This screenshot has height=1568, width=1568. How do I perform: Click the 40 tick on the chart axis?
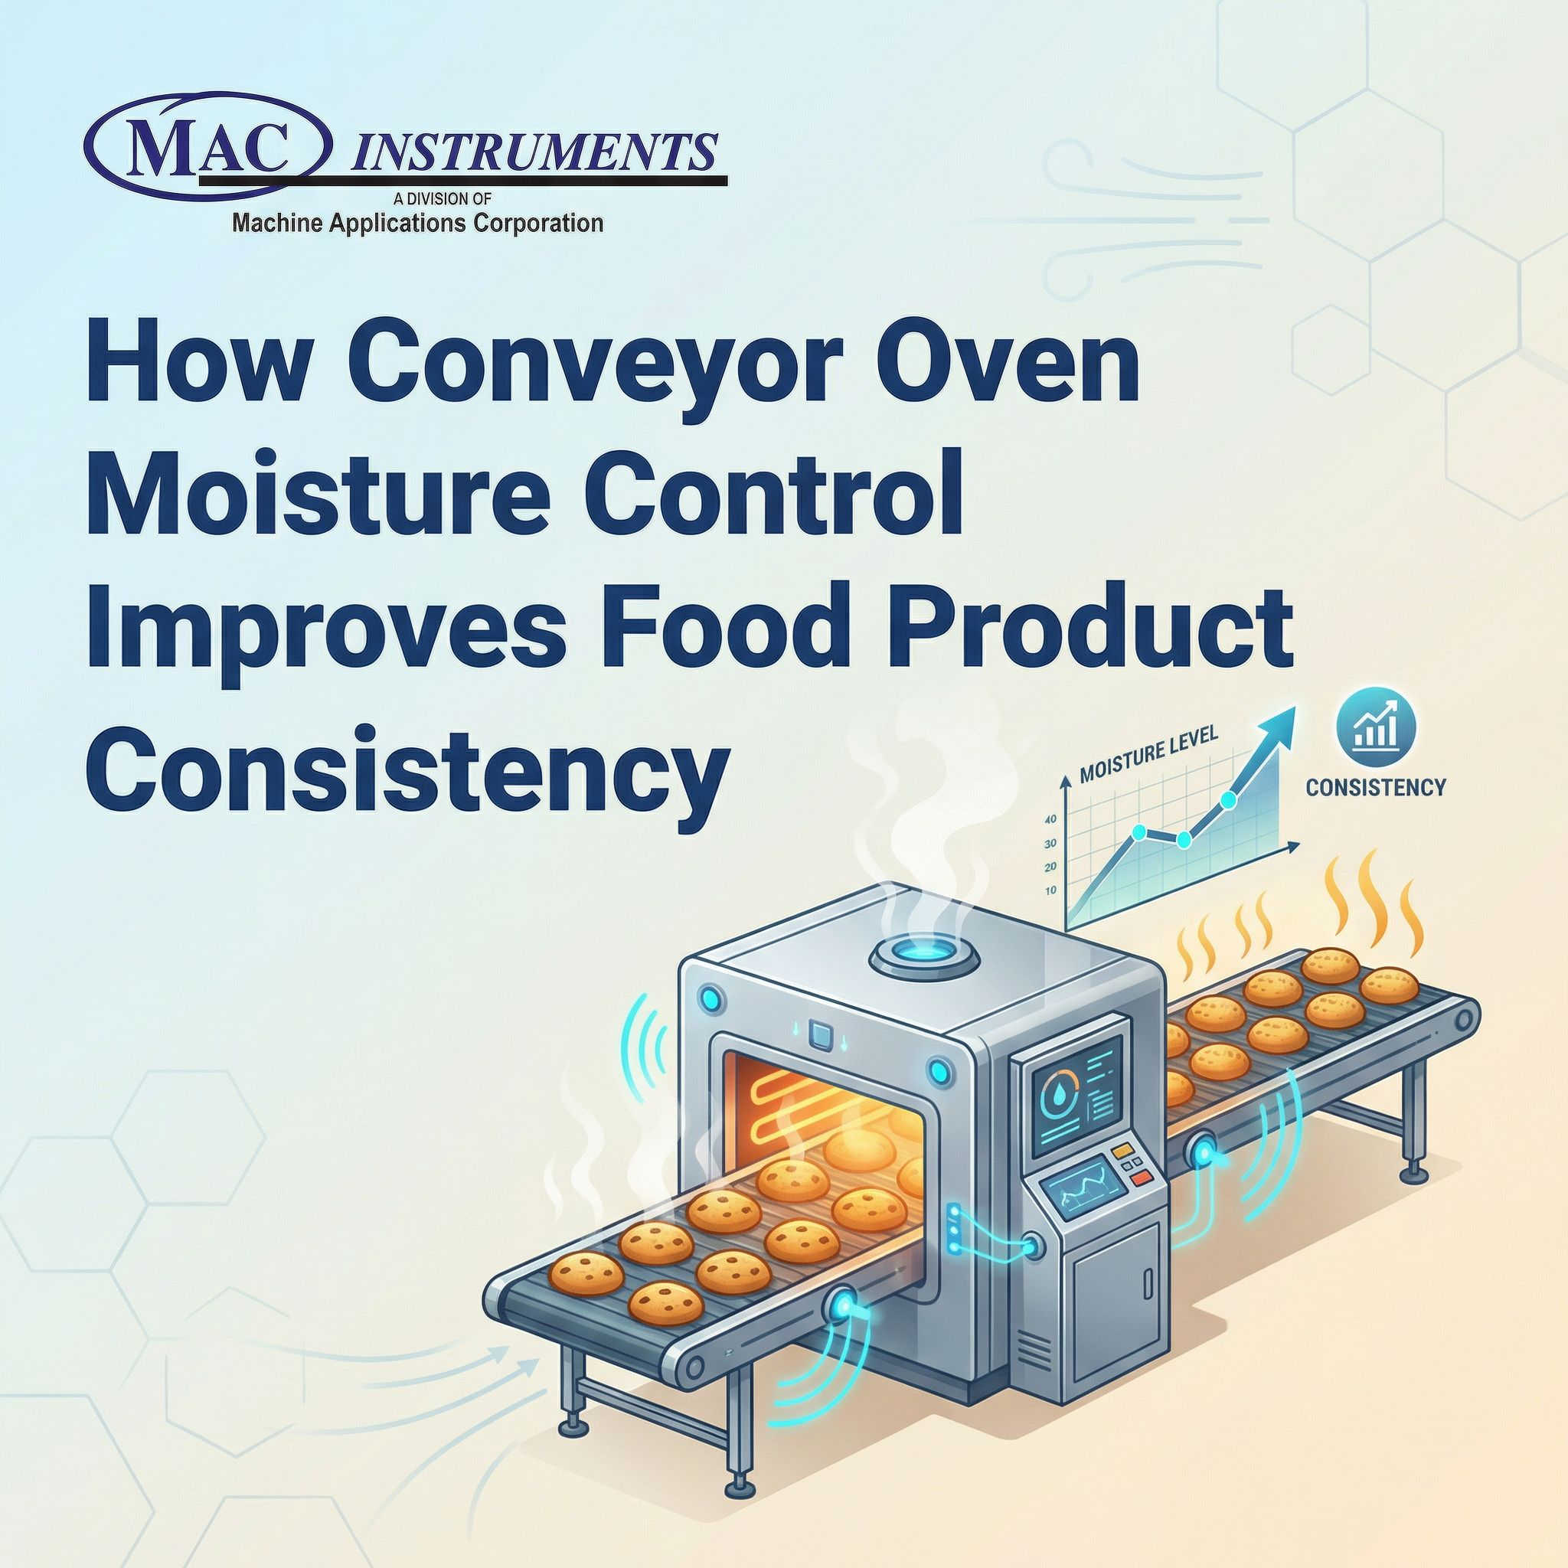[x=1050, y=820]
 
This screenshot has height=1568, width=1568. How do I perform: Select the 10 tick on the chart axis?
[x=1050, y=890]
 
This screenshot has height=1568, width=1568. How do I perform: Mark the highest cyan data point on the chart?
[x=1227, y=799]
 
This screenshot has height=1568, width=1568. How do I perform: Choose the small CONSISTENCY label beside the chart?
[x=1376, y=786]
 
